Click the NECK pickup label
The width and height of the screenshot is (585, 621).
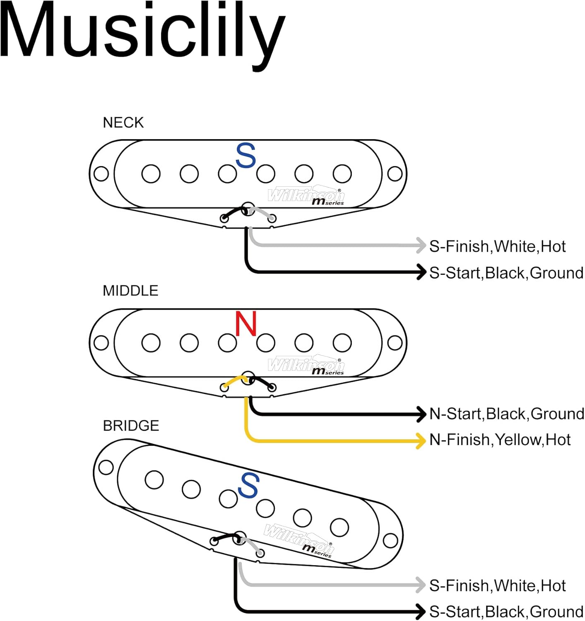(123, 123)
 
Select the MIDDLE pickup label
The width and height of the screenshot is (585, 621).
(130, 291)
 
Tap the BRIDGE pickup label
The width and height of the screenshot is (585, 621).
(131, 426)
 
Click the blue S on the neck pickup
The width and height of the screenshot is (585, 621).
(246, 156)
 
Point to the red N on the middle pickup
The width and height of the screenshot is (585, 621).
(246, 324)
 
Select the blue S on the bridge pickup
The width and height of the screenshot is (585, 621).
(248, 485)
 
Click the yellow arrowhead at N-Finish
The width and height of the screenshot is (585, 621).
(421, 440)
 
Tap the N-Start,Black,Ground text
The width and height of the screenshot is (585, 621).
(506, 414)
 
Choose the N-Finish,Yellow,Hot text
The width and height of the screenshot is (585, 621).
(500, 440)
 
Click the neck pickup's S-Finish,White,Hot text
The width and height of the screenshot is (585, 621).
(497, 246)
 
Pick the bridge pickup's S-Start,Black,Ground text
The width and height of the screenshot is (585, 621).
(506, 611)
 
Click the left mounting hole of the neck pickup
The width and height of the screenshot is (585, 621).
(101, 174)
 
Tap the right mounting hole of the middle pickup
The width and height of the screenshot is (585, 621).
(395, 343)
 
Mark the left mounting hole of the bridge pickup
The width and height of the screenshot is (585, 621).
(106, 467)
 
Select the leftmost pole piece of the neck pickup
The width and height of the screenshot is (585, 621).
(151, 174)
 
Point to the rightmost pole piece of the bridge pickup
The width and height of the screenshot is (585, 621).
(339, 527)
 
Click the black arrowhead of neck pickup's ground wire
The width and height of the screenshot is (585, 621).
(421, 272)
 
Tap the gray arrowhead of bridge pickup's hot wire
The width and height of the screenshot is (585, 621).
(421, 585)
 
